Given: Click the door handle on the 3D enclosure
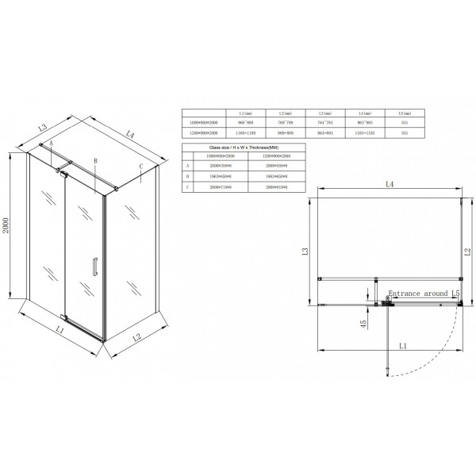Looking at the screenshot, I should click(x=94, y=267).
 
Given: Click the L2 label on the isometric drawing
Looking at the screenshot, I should click(x=136, y=339).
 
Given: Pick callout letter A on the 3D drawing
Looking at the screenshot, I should click(x=51, y=144).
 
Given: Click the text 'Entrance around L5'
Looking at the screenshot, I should click(x=420, y=294).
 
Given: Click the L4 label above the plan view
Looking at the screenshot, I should click(x=390, y=184).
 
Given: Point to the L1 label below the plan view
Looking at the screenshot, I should click(x=403, y=347).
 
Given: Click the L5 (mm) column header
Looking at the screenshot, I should click(x=405, y=113).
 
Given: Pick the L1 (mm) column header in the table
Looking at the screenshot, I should click(x=234, y=113).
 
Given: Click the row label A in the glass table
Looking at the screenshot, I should click(x=188, y=166).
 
